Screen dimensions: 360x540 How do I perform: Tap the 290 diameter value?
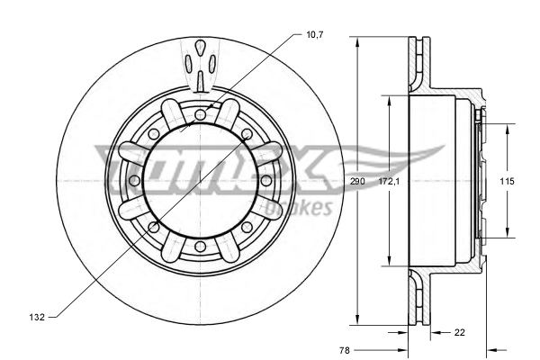click(x=358, y=182)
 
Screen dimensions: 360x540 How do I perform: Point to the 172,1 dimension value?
click(x=388, y=182)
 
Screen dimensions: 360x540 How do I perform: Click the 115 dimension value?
click(x=507, y=182)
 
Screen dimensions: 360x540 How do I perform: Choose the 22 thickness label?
click(x=459, y=333)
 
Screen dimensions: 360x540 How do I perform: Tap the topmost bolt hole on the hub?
click(x=200, y=114)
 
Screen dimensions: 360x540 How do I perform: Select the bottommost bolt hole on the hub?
click(x=200, y=247)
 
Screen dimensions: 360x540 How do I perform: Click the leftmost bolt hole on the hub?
click(x=133, y=181)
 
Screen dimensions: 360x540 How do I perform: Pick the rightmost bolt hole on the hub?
click(x=266, y=181)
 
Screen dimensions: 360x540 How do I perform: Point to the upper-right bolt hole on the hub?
click(x=247, y=134)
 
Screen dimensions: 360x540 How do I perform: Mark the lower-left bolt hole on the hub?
click(x=153, y=228)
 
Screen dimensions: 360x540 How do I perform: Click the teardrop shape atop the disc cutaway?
click(x=200, y=47)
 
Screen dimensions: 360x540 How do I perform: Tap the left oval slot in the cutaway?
click(x=188, y=64)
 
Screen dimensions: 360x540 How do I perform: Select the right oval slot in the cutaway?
click(x=211, y=64)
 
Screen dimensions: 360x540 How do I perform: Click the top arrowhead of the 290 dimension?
click(x=358, y=41)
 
